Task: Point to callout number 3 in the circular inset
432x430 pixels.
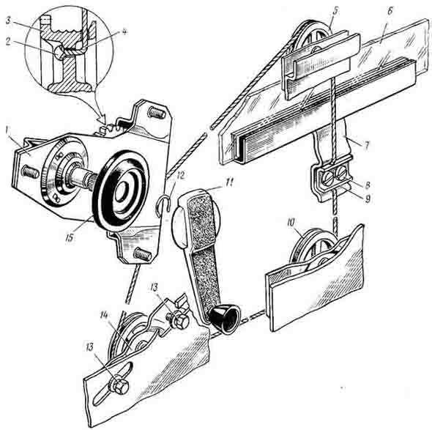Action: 8,21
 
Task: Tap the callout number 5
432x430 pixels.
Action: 335,11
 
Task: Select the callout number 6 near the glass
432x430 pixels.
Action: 389,12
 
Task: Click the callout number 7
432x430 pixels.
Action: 366,145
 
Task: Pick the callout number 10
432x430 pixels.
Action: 291,222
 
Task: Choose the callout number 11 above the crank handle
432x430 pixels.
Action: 229,182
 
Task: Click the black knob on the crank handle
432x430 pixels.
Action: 224,321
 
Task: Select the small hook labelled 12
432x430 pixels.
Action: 163,204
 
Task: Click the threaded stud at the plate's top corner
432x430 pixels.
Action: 157,113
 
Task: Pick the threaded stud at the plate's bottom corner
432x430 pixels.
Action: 142,253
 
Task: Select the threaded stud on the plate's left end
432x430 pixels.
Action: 30,171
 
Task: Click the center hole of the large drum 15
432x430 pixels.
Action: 122,192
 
